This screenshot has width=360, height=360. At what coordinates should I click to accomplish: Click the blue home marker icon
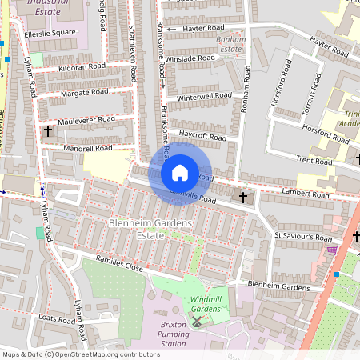coord(180,172)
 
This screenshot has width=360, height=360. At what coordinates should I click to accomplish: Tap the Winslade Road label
coord(190,58)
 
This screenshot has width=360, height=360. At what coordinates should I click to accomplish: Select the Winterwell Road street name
coord(197,98)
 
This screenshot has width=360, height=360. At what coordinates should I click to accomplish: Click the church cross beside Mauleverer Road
coord(47,130)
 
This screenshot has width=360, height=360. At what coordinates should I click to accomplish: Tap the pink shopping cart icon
coord(331,250)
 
